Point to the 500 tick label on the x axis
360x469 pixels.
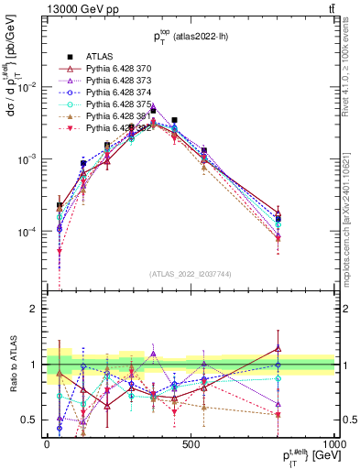coord(191,442)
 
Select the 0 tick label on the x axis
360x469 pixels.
coord(47,442)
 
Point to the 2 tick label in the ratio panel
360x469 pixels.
coord(33,309)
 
